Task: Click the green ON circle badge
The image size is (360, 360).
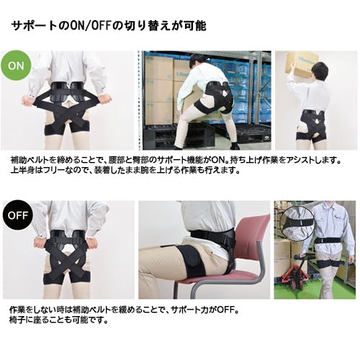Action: pyautogui.click(x=16, y=66)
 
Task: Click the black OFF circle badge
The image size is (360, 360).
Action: pyautogui.click(x=18, y=215)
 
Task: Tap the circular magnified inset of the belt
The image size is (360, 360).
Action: pyautogui.click(x=297, y=223)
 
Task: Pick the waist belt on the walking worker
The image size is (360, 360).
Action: pyautogui.click(x=328, y=240)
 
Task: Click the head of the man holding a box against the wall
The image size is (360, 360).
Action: pyautogui.click(x=320, y=70)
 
